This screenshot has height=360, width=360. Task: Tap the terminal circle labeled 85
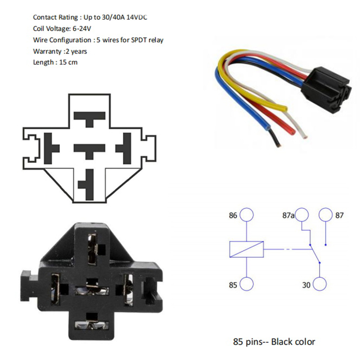(247, 284)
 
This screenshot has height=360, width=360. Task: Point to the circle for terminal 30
(319, 284)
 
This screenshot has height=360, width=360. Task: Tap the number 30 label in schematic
(306, 285)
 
